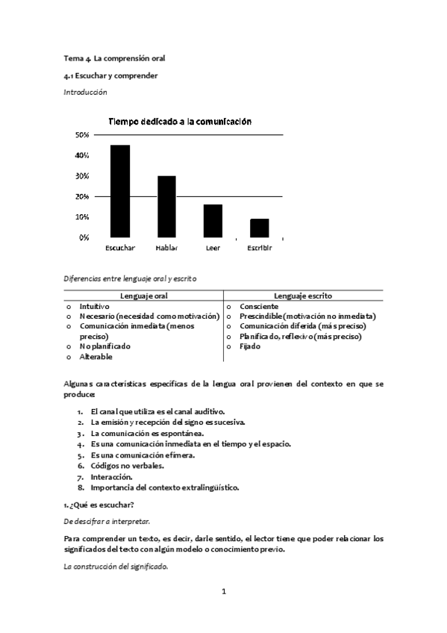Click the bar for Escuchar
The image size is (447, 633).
click(120, 191)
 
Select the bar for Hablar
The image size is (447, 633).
click(166, 207)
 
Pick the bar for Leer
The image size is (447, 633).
click(213, 221)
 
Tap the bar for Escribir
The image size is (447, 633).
click(259, 228)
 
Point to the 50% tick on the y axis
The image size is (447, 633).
click(82, 135)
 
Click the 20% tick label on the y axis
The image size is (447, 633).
click(82, 196)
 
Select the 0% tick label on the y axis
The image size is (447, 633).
click(84, 237)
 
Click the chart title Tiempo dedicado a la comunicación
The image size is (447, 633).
click(180, 121)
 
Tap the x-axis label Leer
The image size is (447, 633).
click(213, 248)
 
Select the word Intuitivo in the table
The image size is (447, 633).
click(95, 307)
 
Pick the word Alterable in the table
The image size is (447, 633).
click(96, 357)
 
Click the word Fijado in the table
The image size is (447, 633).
click(250, 346)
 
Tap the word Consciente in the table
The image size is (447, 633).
click(259, 307)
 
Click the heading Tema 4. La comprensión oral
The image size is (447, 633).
click(113, 57)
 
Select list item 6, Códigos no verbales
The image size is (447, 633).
click(127, 466)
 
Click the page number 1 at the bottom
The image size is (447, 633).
click(223, 591)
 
